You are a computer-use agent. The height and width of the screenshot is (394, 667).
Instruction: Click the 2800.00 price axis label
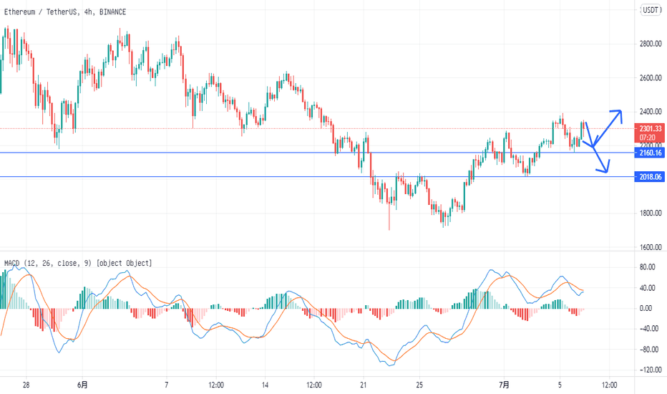[650, 44]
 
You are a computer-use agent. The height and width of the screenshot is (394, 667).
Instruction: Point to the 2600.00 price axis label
[650, 78]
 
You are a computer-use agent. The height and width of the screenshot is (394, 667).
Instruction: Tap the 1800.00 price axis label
[650, 213]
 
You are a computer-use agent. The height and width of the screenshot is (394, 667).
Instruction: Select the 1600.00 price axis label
[650, 248]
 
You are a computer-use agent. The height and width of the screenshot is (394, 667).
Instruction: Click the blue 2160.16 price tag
[650, 153]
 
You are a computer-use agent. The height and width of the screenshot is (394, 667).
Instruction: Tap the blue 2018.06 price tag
[650, 176]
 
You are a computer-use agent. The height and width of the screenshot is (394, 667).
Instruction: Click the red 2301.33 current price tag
[650, 128]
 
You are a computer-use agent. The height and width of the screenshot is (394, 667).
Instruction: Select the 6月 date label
[84, 385]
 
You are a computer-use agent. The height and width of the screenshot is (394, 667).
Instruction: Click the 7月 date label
[505, 385]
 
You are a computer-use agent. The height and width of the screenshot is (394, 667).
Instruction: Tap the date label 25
[421, 385]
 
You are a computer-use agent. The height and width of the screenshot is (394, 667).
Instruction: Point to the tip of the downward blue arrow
[608, 173]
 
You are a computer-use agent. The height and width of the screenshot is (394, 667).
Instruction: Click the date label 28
[26, 385]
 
